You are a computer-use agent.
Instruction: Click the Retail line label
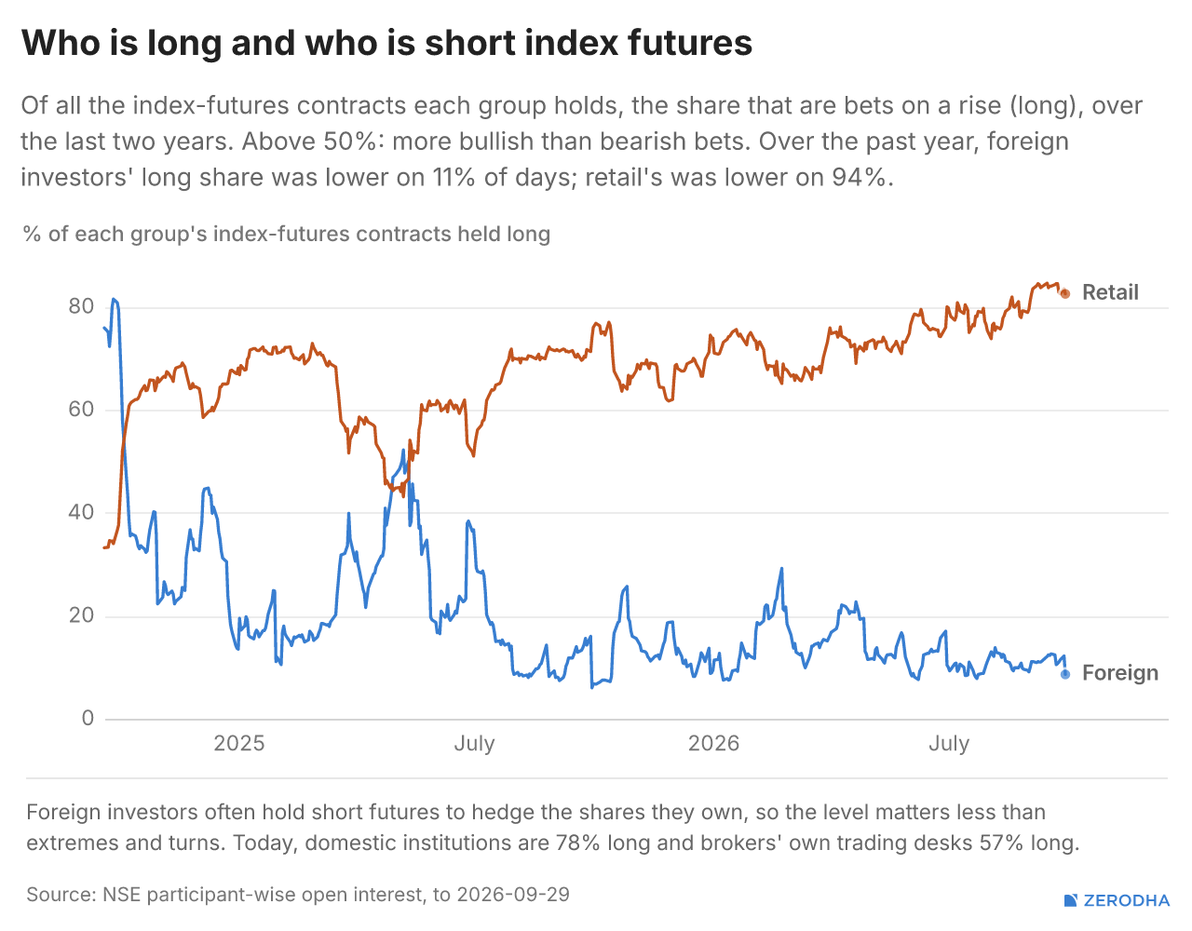(x=1110, y=292)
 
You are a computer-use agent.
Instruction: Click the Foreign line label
(x=1119, y=673)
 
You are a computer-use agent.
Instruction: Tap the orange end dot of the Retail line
(x=1064, y=294)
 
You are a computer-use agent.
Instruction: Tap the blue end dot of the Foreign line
(x=1064, y=674)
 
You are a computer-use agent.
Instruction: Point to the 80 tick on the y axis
(x=81, y=306)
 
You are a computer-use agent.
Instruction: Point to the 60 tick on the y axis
(x=81, y=409)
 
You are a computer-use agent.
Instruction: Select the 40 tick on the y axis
(x=81, y=512)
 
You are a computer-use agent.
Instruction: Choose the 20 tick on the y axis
(x=81, y=615)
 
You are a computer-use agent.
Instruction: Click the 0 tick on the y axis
(x=88, y=718)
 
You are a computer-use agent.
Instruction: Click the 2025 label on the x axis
(x=238, y=744)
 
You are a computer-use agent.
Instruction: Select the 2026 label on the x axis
(x=713, y=744)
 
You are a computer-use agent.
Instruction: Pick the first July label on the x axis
(x=475, y=744)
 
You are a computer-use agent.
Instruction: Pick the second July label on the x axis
(x=949, y=744)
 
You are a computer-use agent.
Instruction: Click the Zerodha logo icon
(x=1070, y=900)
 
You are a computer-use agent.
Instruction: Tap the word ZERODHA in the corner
(x=1127, y=901)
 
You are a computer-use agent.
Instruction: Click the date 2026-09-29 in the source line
(x=513, y=895)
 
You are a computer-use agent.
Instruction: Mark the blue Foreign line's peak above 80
(x=114, y=299)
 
